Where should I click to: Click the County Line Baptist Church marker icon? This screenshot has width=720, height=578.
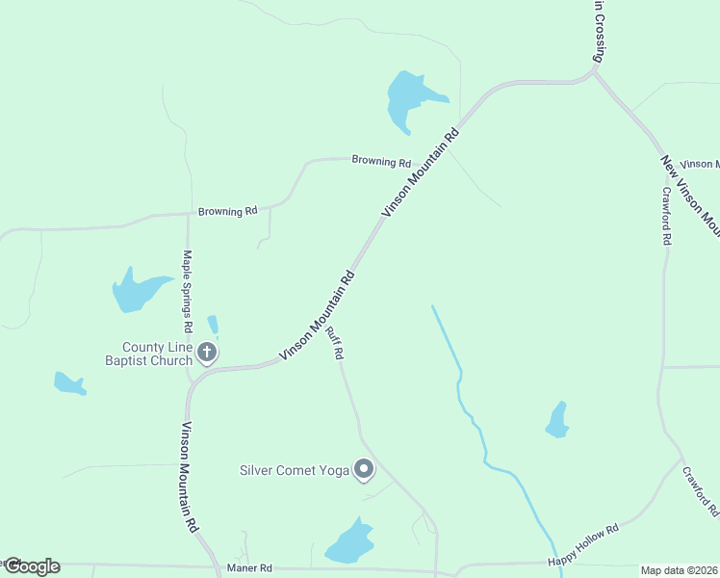coord(206,354)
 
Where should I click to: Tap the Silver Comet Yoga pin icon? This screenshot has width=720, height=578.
coord(364,469)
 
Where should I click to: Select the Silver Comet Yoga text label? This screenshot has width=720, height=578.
coord(294,471)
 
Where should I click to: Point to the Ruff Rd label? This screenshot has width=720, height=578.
coord(334,343)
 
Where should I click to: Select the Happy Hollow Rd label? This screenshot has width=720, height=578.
coord(582,546)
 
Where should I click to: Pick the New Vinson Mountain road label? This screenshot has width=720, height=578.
coord(691,197)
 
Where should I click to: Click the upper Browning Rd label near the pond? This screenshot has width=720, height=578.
coord(381,161)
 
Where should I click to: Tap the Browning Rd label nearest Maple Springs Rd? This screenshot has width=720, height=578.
coord(228,210)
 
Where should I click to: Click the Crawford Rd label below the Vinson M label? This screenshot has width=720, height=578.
coord(665,215)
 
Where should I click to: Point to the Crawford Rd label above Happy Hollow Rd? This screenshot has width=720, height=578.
coord(701,493)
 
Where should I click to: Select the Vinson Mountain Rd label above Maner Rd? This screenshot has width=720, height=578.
coord(190,478)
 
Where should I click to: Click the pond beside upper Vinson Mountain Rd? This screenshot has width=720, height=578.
coord(410,98)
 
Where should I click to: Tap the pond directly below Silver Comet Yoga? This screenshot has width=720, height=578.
coord(349,543)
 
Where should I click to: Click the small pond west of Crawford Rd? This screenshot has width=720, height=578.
coord(557,420)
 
